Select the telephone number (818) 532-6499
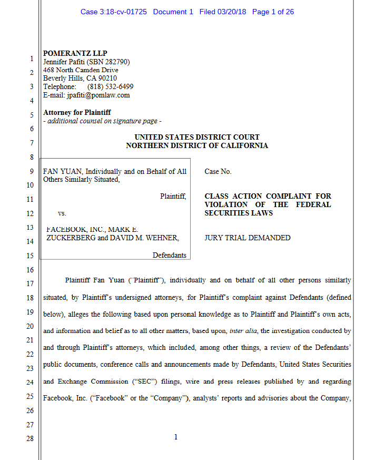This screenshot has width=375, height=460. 110,87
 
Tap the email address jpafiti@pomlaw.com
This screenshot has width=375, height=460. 98,95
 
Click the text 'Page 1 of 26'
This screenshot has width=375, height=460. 273,12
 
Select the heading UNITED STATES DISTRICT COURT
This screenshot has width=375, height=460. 197,138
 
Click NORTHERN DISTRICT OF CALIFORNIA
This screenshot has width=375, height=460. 197,146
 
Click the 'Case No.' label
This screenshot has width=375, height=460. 218,171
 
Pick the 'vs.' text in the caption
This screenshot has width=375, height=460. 62,213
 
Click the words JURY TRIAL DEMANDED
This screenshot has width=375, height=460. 248,238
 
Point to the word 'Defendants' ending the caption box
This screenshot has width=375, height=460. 169,255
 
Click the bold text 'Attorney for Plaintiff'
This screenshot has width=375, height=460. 77,112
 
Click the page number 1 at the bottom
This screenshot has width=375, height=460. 176,436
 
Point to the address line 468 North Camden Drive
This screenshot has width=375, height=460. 81,70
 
